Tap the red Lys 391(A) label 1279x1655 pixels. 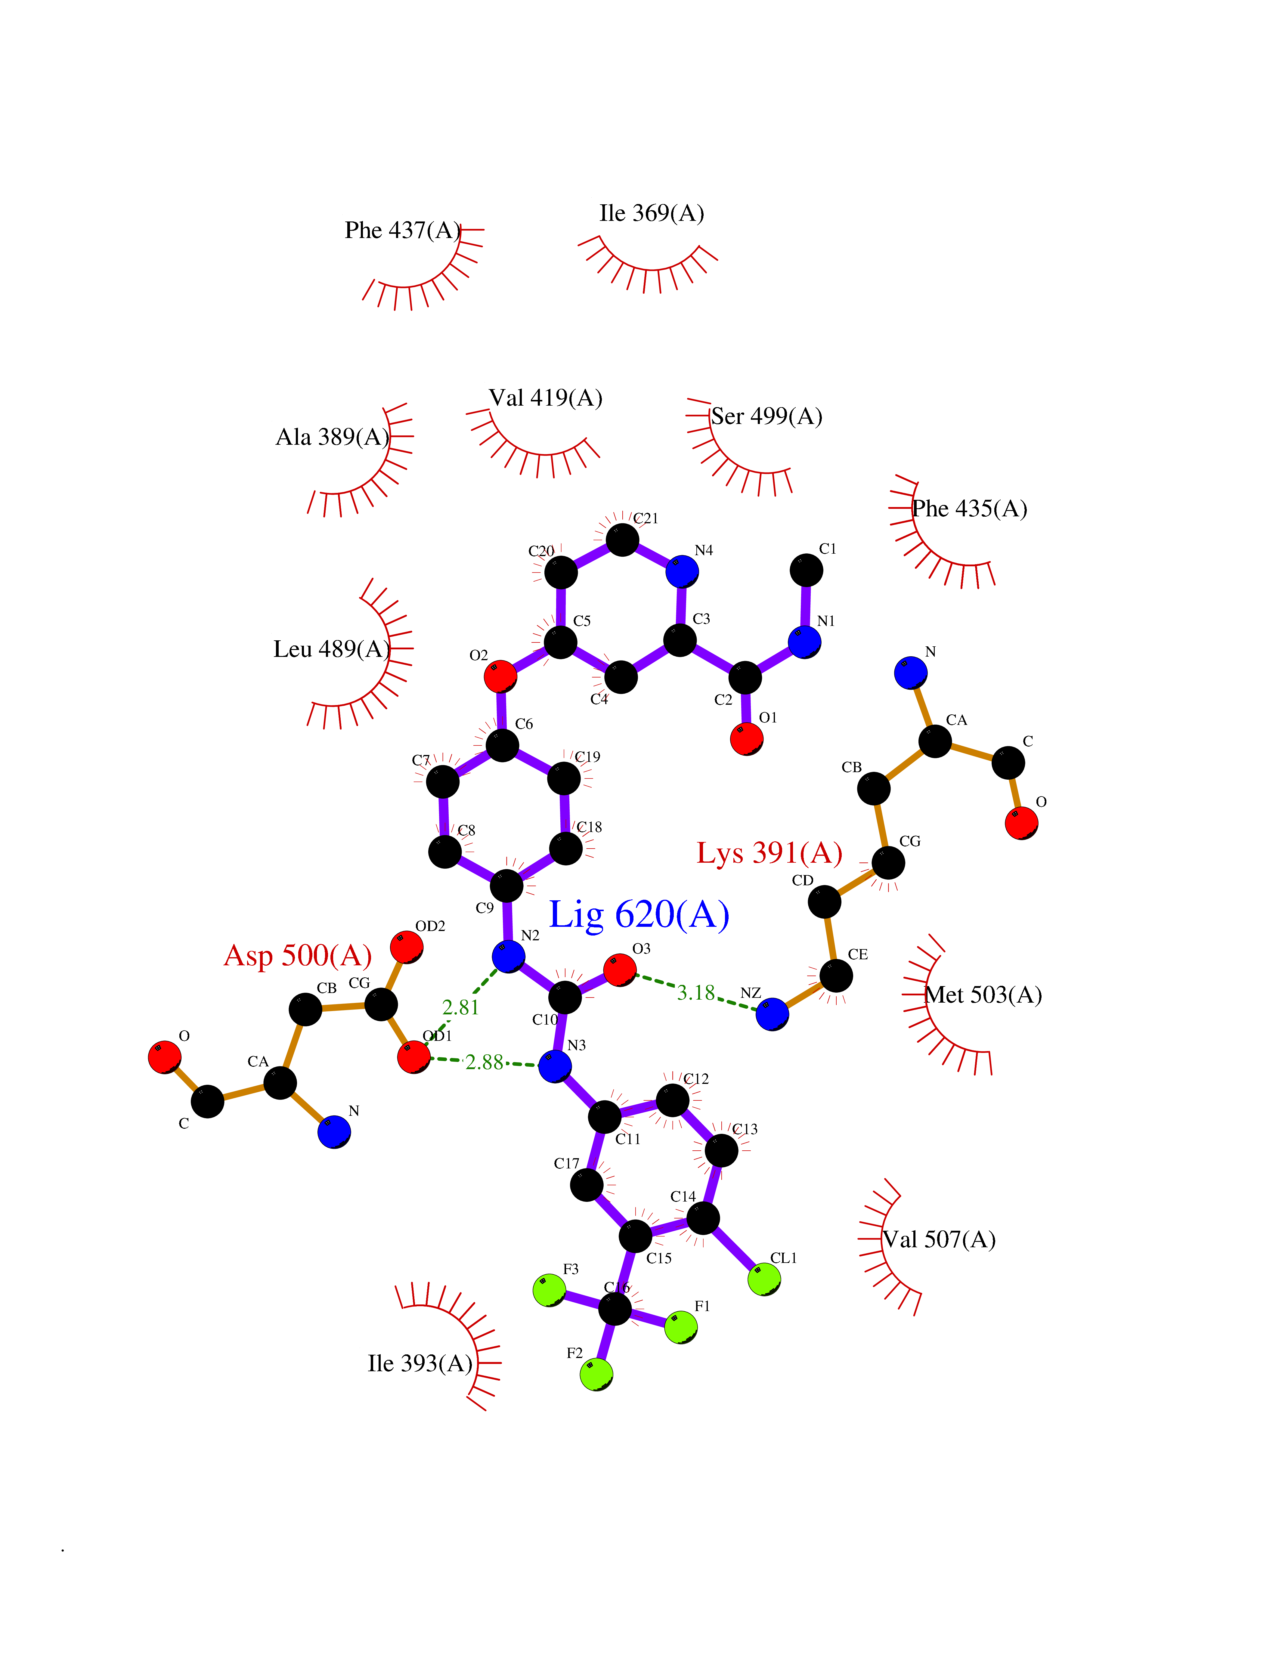tap(769, 853)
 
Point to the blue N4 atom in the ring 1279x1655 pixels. tap(682, 571)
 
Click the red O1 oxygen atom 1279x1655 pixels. tap(746, 739)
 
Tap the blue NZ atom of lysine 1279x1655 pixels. tap(772, 1015)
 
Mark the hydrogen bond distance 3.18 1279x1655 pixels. tap(695, 993)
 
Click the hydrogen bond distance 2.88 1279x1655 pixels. tap(484, 1063)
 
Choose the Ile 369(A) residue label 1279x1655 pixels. tap(652, 214)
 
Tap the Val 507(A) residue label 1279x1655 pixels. tap(939, 1240)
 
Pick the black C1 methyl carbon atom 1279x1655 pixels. tap(806, 571)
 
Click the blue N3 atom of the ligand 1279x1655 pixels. tap(556, 1066)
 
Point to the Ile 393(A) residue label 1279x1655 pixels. tap(420, 1364)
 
